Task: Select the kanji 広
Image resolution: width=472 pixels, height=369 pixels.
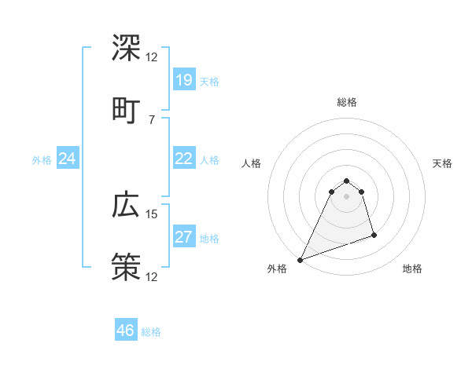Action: point(126,205)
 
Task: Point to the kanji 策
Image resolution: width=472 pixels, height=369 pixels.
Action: point(126,266)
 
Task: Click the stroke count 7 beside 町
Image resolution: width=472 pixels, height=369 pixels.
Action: point(152,119)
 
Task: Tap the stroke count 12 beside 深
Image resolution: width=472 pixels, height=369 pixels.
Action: point(152,57)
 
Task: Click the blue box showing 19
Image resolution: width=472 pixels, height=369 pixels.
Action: point(184,79)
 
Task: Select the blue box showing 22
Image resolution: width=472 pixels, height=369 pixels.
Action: point(184,159)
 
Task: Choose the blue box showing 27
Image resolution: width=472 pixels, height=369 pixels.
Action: point(184,238)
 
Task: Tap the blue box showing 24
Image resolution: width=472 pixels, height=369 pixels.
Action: point(68,159)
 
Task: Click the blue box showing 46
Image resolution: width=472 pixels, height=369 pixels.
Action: point(126,331)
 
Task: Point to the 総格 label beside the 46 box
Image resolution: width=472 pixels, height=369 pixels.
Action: point(151,332)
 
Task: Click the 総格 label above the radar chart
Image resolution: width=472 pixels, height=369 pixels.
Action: point(347,102)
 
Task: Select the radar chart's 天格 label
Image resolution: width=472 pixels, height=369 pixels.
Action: point(443,163)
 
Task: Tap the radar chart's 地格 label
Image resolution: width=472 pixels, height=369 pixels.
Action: point(412,269)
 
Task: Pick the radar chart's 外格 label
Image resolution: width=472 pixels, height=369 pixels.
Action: point(277,269)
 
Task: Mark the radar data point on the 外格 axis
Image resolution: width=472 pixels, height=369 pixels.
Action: point(300,260)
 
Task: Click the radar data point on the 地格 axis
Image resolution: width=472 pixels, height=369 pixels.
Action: point(374,235)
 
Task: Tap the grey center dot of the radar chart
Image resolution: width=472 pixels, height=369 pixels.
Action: point(347,197)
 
